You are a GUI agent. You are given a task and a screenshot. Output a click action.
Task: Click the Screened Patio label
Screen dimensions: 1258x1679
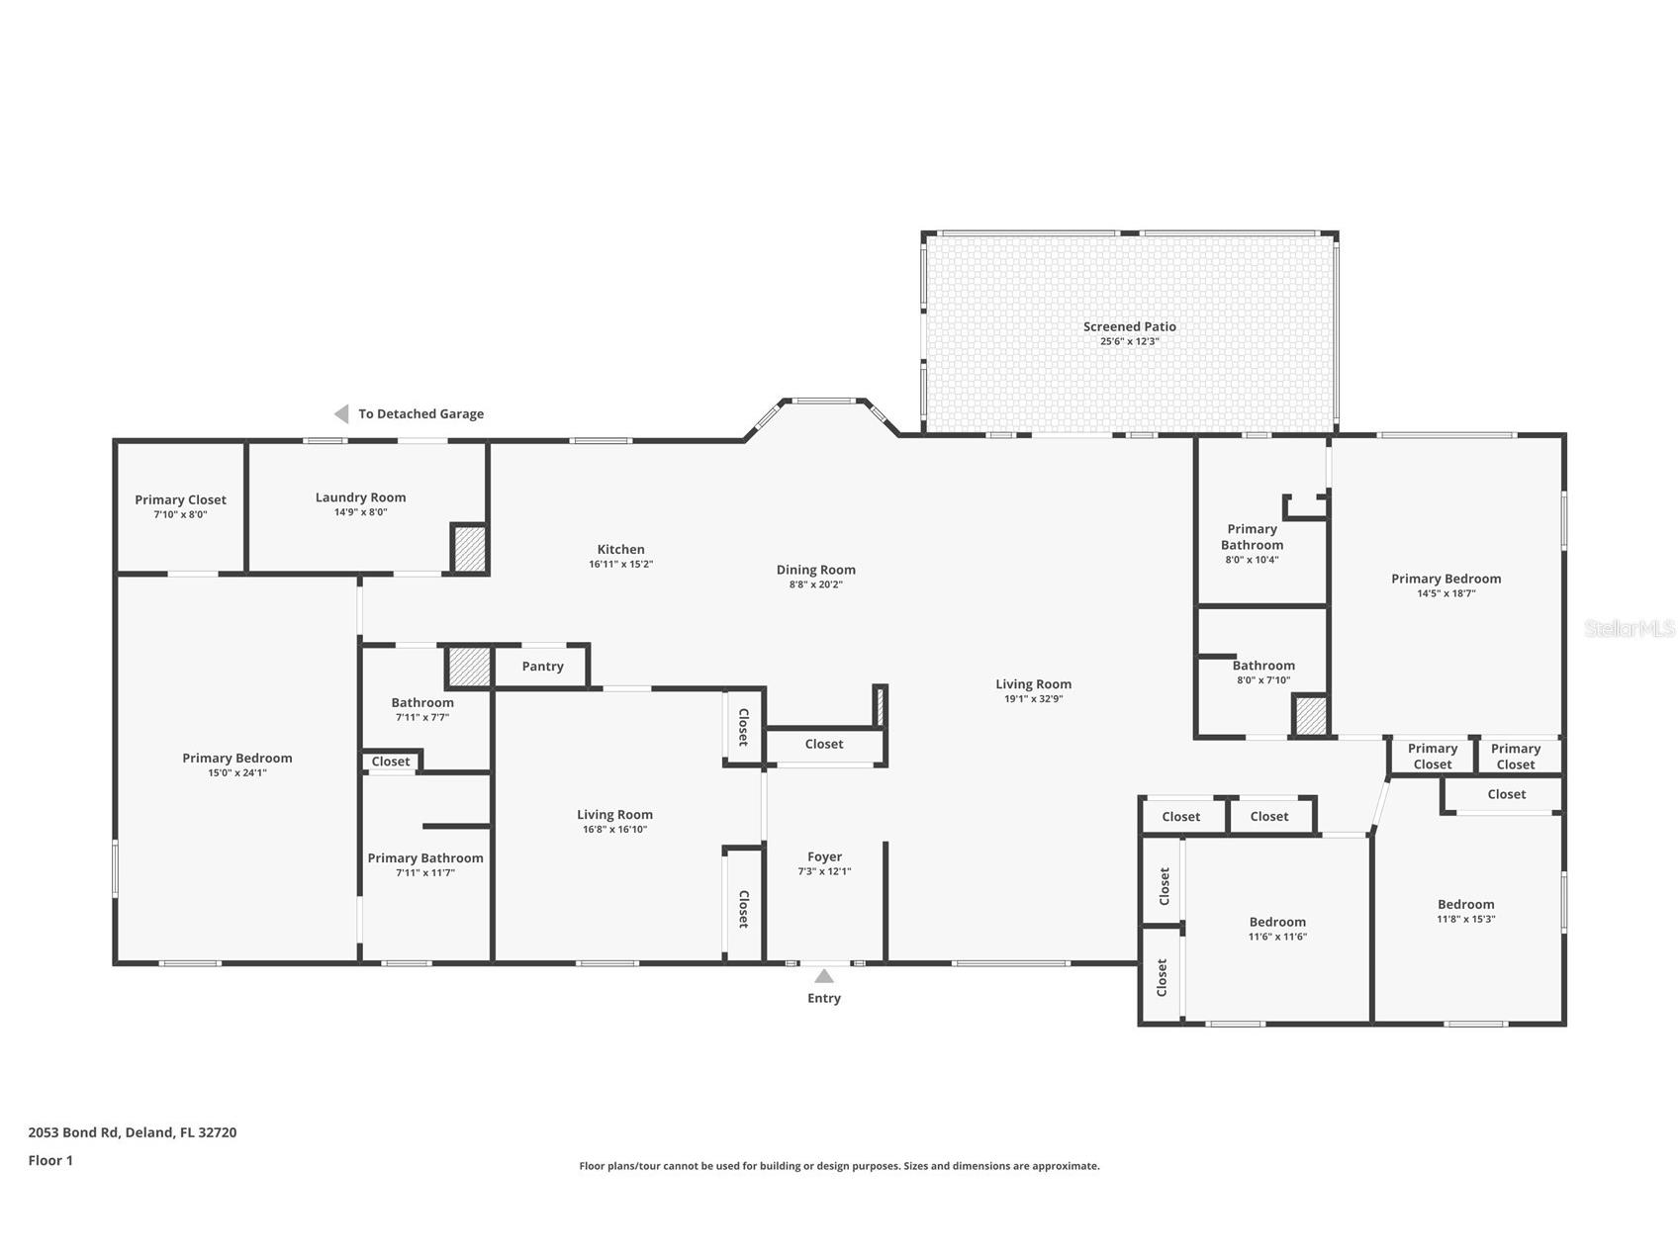coord(1129,326)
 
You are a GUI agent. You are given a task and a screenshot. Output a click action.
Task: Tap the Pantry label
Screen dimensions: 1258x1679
coord(542,667)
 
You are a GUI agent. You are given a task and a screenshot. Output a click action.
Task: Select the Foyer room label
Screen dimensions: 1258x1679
coord(824,857)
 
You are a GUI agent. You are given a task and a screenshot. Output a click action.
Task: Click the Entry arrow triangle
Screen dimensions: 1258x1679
coord(823,976)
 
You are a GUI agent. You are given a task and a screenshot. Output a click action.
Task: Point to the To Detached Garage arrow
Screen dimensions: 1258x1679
coord(341,413)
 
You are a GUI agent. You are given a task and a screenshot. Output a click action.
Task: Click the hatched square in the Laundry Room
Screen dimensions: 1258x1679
coord(470,549)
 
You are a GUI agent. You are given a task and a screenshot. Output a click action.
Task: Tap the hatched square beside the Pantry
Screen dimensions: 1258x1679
coord(470,668)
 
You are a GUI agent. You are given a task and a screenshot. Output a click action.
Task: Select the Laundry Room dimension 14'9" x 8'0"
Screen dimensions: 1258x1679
coord(360,512)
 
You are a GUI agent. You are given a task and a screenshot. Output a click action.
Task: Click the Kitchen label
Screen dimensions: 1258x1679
coord(620,550)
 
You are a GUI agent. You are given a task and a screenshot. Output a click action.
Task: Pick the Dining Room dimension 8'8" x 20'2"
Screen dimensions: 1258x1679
coord(815,584)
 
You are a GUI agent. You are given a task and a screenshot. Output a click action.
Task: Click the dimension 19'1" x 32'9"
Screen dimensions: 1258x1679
coord(1033,699)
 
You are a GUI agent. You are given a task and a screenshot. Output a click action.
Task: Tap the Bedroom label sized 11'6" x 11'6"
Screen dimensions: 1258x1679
coord(1277,922)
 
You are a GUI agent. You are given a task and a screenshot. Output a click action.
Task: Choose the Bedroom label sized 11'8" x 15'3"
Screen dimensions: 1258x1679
coord(1465,904)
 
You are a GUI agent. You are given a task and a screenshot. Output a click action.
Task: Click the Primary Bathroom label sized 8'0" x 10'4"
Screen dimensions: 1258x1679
coord(1252,537)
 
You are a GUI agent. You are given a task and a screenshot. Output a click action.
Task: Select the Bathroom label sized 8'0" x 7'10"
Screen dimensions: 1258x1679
coord(1263,666)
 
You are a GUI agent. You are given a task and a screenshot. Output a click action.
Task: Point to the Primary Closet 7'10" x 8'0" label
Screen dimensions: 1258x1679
coord(180,500)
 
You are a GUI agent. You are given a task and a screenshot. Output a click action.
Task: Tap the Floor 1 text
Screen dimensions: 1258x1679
coord(50,1160)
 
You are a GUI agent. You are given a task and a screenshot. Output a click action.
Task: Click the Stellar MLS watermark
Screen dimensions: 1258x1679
coord(1629,628)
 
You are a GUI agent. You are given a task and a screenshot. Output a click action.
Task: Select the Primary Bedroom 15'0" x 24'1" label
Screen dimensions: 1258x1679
coord(237,759)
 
